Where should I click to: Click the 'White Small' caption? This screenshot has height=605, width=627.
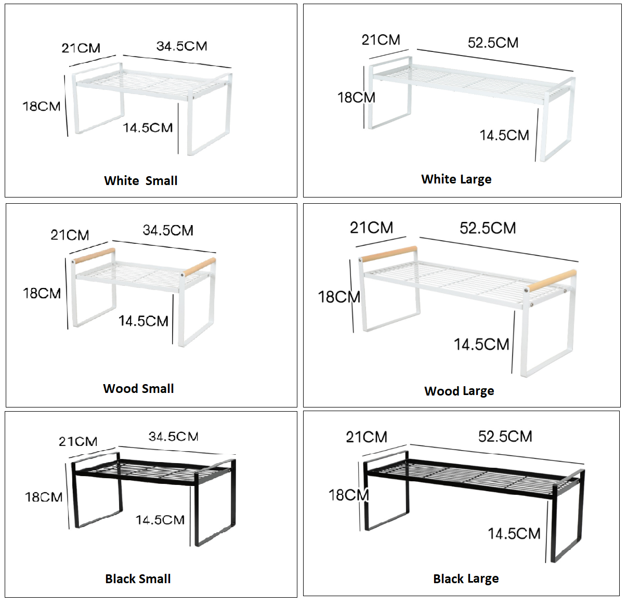pyautogui.click(x=141, y=181)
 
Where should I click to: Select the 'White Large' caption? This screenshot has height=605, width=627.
pyautogui.click(x=456, y=179)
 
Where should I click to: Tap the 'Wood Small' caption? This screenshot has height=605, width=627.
pyautogui.click(x=138, y=388)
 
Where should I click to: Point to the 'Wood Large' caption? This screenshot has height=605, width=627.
pyautogui.click(x=459, y=391)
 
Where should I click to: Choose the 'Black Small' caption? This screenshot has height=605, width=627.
pyautogui.click(x=138, y=579)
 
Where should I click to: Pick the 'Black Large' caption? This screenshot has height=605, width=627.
pyautogui.click(x=466, y=579)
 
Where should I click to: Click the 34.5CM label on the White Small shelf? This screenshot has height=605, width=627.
pyautogui.click(x=182, y=46)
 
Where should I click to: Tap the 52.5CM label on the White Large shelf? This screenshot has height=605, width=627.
pyautogui.click(x=493, y=43)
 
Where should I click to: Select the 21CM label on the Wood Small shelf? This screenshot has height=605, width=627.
pyautogui.click(x=70, y=235)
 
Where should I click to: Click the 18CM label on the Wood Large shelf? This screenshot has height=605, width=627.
pyautogui.click(x=339, y=297)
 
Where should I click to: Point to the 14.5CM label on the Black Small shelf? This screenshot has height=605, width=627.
pyautogui.click(x=160, y=520)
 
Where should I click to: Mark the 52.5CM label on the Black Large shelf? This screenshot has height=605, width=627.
pyautogui.click(x=505, y=437)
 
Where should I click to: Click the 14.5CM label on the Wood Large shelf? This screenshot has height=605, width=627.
pyautogui.click(x=481, y=345)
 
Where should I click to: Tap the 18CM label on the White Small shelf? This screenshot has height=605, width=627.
pyautogui.click(x=42, y=107)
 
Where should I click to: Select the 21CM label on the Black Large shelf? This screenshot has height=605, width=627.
pyautogui.click(x=367, y=437)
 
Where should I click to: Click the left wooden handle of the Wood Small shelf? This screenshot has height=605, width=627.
pyautogui.click(x=94, y=256)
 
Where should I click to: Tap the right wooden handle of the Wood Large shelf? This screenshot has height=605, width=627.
pyautogui.click(x=552, y=281)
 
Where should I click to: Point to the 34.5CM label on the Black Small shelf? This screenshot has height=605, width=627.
pyautogui.click(x=173, y=437)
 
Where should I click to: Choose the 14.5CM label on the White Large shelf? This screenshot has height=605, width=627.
pyautogui.click(x=504, y=135)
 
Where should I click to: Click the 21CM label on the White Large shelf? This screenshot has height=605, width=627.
pyautogui.click(x=381, y=40)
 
